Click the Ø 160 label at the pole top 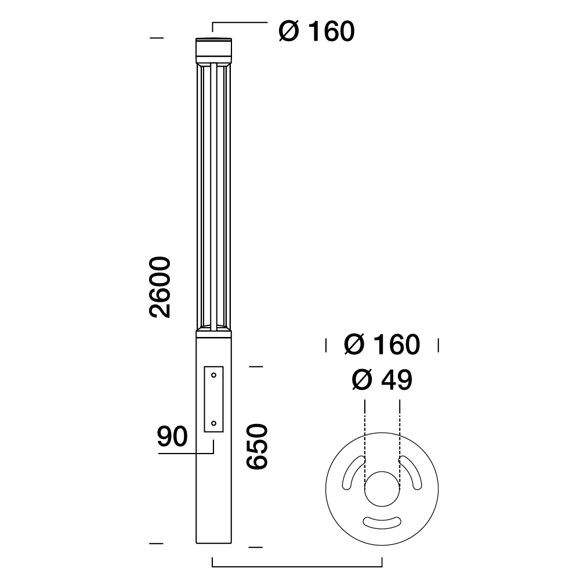316,32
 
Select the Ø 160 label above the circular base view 381,345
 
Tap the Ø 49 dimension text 381,380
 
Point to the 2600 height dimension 160,287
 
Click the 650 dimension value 256,446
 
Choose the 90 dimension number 172,436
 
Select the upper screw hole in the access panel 214,375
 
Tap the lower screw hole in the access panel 214,424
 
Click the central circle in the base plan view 382,490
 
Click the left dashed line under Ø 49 364,429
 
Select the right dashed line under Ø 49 400,429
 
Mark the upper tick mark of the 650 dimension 256,367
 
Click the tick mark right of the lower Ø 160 438,345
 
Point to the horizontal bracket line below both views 297,566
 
